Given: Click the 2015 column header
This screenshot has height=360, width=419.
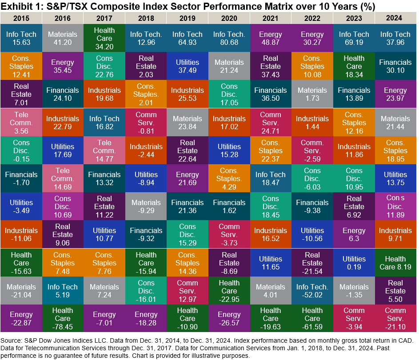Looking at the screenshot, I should click(x=21, y=19).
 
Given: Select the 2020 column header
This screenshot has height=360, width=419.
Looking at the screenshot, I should click(x=229, y=19).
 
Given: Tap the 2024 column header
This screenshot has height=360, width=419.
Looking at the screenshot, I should click(x=395, y=19).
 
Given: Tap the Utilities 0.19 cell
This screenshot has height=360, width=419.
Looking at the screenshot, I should click(x=354, y=263).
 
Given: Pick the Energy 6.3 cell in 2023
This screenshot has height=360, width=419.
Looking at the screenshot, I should click(x=354, y=235).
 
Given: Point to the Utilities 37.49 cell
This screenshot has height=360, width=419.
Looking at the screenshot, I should click(x=188, y=67).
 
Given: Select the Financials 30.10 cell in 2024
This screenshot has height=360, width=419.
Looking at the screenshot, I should click(x=395, y=67).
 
